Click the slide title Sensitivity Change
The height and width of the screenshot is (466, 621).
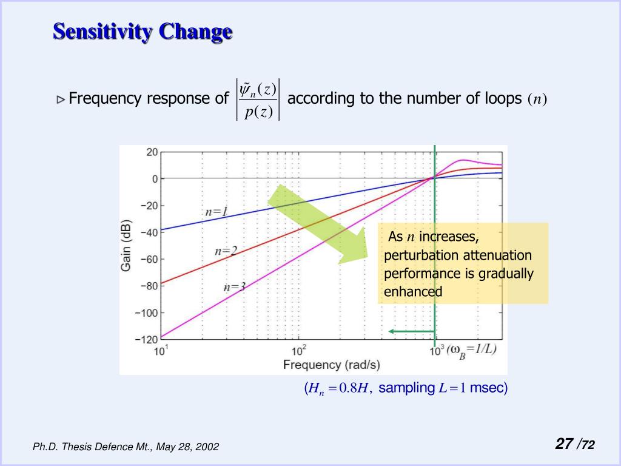click(x=143, y=32)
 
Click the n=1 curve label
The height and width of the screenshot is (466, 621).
click(x=217, y=212)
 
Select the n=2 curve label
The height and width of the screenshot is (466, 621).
click(x=226, y=251)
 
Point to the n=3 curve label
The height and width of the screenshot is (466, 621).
click(x=234, y=287)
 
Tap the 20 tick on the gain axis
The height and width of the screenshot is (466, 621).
click(x=152, y=152)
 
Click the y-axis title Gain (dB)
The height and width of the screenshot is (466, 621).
click(x=127, y=245)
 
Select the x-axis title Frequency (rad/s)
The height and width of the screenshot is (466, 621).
click(x=331, y=365)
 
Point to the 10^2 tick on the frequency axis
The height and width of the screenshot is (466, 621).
click(x=298, y=351)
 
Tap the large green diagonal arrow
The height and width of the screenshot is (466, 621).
click(x=320, y=224)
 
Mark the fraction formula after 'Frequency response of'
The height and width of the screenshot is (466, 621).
click(x=258, y=100)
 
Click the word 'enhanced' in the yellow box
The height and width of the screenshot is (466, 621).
click(x=413, y=292)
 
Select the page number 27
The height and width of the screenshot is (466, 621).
click(x=564, y=444)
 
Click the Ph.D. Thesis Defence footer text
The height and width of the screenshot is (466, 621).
click(x=126, y=447)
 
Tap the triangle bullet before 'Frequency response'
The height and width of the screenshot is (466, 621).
click(x=61, y=99)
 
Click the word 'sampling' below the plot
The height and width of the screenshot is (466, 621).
click(x=406, y=388)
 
